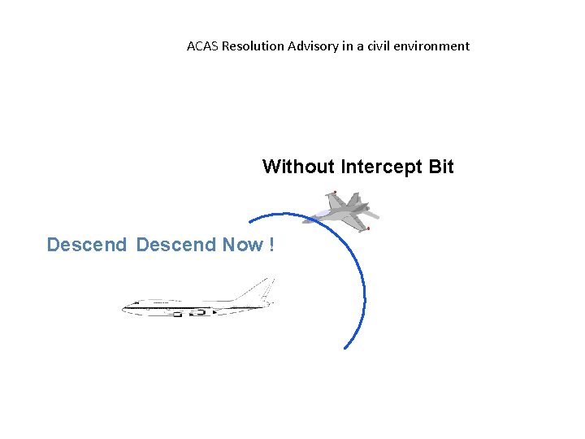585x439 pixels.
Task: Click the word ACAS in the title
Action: coord(202,46)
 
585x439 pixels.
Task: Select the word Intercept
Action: coord(380,167)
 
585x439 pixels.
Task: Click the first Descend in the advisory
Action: coord(87,245)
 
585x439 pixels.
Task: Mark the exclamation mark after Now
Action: coord(270,245)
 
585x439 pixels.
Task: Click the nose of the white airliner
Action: coord(125,307)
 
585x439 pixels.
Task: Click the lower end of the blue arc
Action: coord(344,348)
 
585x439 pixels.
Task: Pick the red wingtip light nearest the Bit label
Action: coord(334,193)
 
